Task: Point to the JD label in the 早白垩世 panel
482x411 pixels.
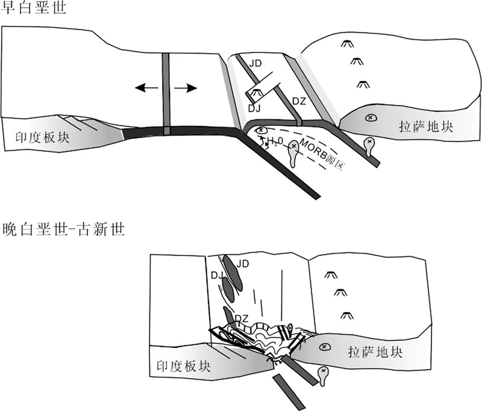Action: coord(256,62)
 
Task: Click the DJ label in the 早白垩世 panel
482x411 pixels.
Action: coord(255,108)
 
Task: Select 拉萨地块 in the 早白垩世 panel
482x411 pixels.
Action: coord(425,126)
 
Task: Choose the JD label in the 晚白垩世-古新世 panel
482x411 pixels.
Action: coord(243,263)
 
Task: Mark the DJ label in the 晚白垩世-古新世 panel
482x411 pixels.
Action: coord(218,275)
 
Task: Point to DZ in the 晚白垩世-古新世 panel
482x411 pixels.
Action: coord(242,318)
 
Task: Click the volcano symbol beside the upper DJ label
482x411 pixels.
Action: coord(256,93)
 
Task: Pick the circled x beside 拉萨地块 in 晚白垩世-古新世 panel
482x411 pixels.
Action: coord(324,347)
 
